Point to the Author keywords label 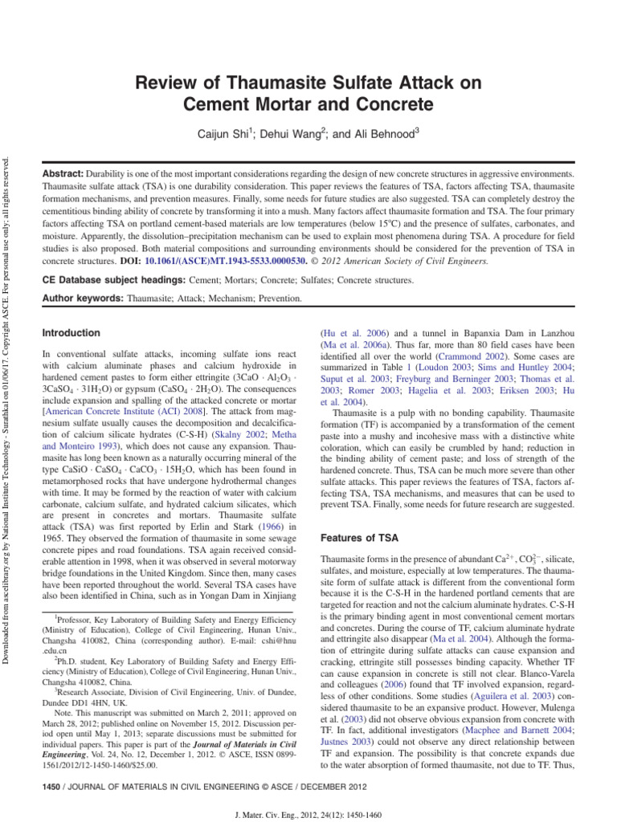(x=81, y=299)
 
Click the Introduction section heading (x=72, y=333)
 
